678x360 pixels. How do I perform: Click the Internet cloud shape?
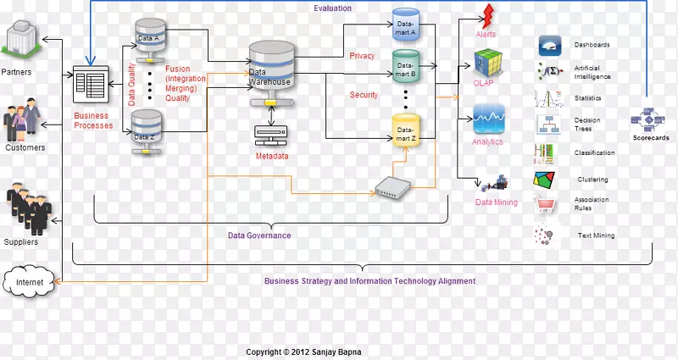(28, 280)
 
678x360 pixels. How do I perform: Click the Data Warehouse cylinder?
(270, 72)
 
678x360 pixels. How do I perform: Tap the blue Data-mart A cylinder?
(407, 27)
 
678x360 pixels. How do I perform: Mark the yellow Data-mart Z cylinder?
(406, 130)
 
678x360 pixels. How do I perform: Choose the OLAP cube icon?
(488, 64)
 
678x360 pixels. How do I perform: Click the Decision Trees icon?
(547, 125)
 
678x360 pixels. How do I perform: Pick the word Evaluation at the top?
(332, 8)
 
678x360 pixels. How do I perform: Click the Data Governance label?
(259, 235)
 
